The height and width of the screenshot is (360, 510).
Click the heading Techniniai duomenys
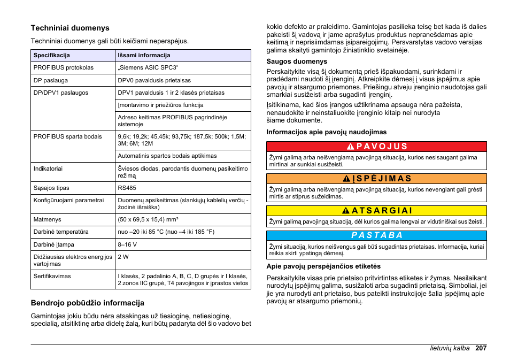coord(69,28)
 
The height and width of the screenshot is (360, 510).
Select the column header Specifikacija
coord(51,55)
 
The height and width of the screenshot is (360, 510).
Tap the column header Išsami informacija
coord(144,55)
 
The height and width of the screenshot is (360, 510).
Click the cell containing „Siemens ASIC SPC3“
coord(148,68)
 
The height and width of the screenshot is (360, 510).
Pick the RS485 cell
coord(127,188)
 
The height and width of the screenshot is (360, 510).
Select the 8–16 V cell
coord(127,244)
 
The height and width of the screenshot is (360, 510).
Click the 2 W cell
coord(123,257)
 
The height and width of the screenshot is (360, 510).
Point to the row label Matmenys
coord(47,219)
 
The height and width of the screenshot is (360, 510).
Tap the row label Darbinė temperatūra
coord(61,232)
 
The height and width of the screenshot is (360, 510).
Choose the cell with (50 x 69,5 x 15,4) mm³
coord(148,219)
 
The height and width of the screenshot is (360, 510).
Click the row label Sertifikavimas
coord(52,277)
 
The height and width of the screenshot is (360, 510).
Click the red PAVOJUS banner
coord(376,147)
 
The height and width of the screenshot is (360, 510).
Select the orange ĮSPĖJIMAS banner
coord(376,179)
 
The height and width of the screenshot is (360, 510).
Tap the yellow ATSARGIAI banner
coord(376,211)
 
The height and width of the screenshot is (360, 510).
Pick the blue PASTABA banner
coord(376,235)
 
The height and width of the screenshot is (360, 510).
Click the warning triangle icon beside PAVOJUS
coord(350,147)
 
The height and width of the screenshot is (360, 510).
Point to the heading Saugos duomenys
coord(297,62)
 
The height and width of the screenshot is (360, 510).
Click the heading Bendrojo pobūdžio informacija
coord(87,303)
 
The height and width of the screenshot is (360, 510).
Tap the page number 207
coord(480,348)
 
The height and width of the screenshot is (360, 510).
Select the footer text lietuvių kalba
coord(450,348)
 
